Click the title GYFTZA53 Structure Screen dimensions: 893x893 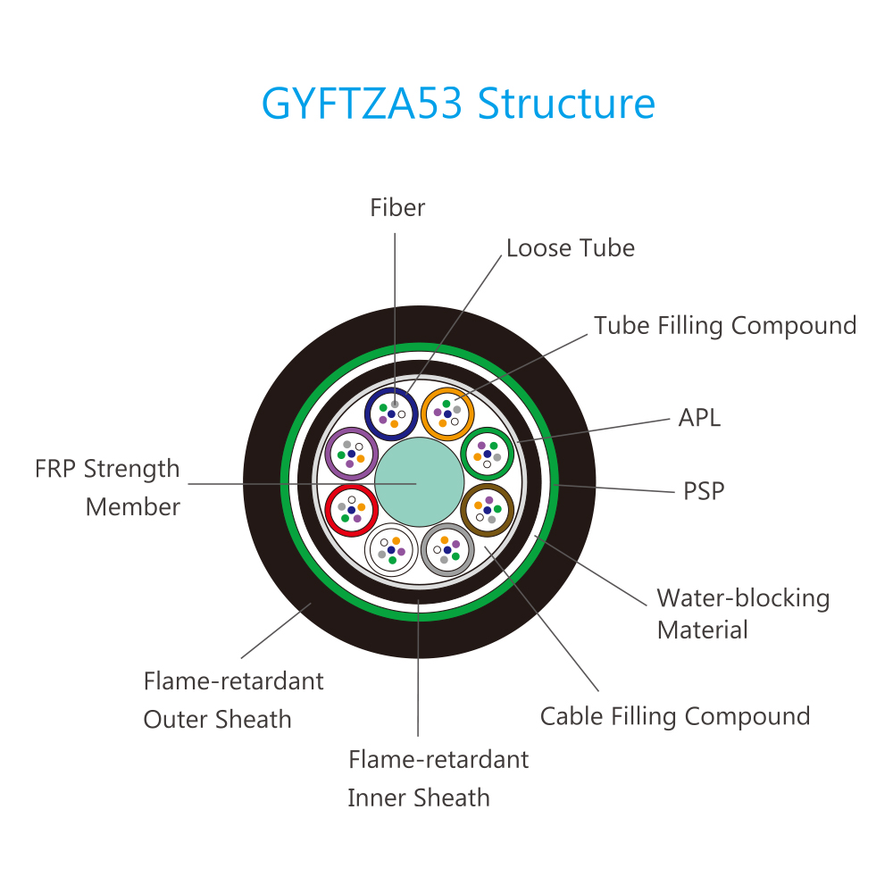pyautogui.click(x=458, y=104)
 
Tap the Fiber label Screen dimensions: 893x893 pyautogui.click(x=397, y=208)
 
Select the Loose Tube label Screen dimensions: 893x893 pyautogui.click(x=571, y=247)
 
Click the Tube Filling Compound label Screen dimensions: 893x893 pyautogui.click(x=725, y=325)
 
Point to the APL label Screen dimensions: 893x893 pyautogui.click(x=700, y=417)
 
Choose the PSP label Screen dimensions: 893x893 pyautogui.click(x=704, y=490)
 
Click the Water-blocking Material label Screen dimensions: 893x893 pyautogui.click(x=743, y=613)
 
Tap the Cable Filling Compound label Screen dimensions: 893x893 pyautogui.click(x=675, y=716)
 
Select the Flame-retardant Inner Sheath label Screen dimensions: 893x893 pyautogui.click(x=438, y=778)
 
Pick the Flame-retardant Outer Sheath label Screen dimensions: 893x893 pyautogui.click(x=233, y=700)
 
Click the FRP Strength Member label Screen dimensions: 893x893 pyautogui.click(x=107, y=488)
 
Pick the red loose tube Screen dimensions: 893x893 pyautogui.click(x=350, y=510)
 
